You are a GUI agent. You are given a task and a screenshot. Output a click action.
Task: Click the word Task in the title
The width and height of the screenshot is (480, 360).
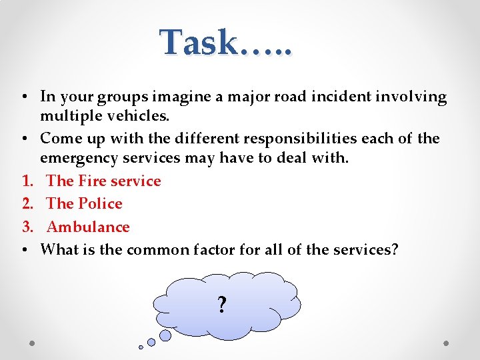point(198,43)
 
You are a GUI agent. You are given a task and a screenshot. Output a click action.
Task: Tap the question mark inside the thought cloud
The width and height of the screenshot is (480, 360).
point(222,305)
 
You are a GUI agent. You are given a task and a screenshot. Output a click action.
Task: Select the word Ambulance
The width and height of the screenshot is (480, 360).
point(88,227)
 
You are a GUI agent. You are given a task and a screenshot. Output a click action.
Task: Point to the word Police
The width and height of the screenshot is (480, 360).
point(101,203)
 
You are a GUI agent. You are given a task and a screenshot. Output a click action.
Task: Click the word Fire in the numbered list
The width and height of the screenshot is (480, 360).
point(93,181)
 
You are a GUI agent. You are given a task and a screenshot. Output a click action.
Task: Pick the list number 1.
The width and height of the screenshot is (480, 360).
point(27,181)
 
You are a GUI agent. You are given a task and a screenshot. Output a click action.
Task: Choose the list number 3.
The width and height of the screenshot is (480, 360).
point(27,227)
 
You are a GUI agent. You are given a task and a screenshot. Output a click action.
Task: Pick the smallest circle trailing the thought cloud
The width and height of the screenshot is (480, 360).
point(141,347)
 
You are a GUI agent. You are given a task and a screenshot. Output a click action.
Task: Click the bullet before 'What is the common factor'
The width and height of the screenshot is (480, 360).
point(23,250)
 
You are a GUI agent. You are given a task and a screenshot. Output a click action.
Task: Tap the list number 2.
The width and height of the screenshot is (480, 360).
point(27,203)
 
